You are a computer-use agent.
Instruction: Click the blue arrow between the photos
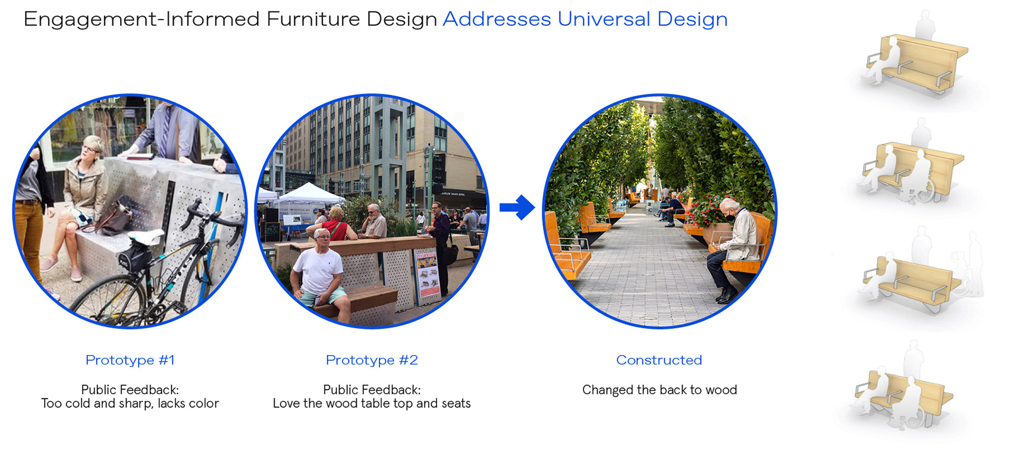pos(517,208)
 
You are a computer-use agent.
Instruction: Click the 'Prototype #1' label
pos(130,360)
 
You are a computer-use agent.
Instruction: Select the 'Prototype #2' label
pos(372,360)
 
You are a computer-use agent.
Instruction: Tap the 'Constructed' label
pos(659,360)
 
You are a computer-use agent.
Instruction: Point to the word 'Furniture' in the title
pos(313,19)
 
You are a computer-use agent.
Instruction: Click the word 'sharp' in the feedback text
pos(136,403)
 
